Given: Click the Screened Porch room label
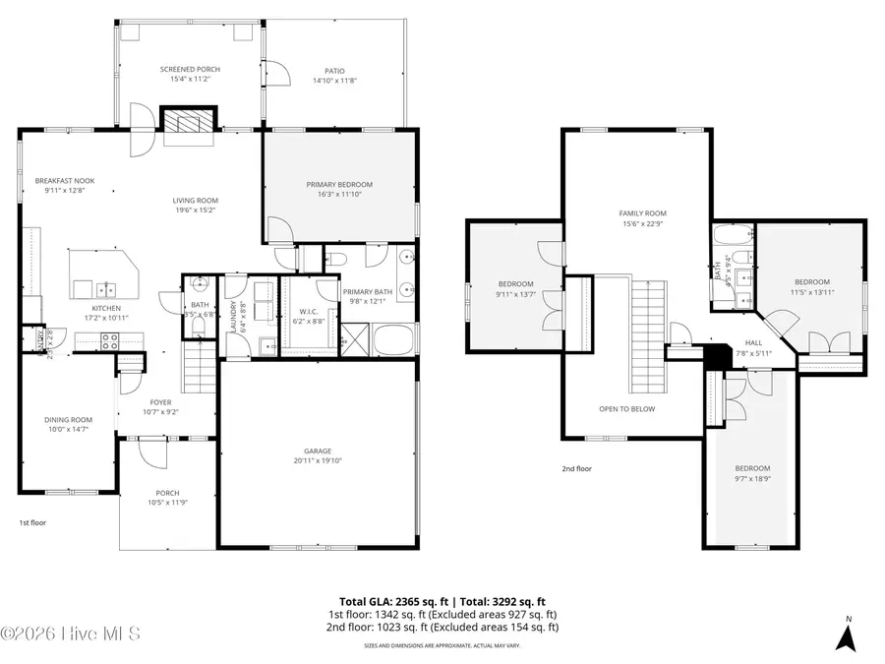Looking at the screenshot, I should [x=190, y=69].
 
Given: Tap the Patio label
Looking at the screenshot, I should [x=334, y=70].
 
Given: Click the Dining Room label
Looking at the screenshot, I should [x=68, y=419].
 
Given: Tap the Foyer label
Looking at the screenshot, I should [x=160, y=401].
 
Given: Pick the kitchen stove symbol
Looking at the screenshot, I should [x=109, y=340].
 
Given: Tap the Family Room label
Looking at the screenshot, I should [x=642, y=212].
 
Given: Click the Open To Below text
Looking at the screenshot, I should [x=626, y=408].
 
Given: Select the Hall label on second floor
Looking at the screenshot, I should [x=726, y=343].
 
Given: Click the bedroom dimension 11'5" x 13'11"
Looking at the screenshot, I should [x=811, y=291].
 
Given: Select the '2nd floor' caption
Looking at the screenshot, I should [x=577, y=469].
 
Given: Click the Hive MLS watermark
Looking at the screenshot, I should [x=71, y=633].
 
